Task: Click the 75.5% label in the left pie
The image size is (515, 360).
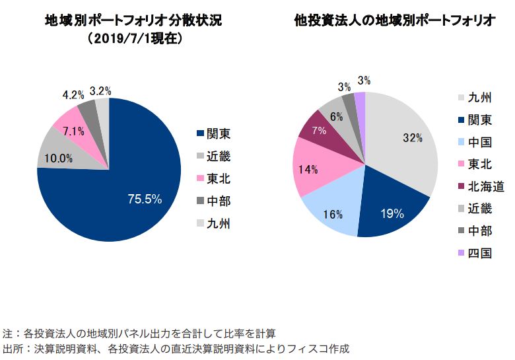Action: pos(145,199)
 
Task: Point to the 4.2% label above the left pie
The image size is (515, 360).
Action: pos(73,95)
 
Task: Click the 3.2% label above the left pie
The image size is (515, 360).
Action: pos(100,91)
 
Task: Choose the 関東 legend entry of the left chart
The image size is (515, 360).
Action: pos(213,133)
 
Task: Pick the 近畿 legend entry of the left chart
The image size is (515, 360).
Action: pos(213,156)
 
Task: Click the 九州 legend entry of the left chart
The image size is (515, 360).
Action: pos(213,223)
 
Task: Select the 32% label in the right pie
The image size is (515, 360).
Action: pos(412,138)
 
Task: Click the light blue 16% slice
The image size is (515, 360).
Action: pos(334,214)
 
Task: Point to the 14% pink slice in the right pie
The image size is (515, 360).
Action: pos(308,170)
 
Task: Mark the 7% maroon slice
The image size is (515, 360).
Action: pos(319,131)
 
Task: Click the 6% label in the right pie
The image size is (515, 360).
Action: pos(337,116)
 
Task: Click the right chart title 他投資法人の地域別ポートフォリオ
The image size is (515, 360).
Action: pos(395,20)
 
